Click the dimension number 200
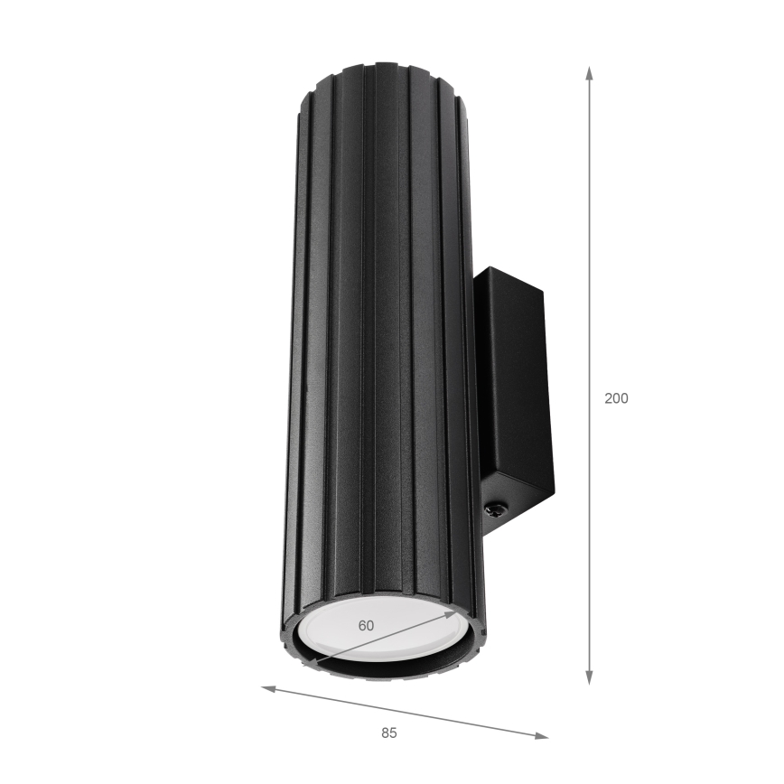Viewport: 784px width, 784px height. (x=616, y=398)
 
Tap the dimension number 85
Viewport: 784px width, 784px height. (x=388, y=733)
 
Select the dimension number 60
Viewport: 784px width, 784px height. (x=366, y=625)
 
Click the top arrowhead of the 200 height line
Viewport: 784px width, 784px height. (x=589, y=72)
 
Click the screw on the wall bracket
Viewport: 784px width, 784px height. (x=496, y=510)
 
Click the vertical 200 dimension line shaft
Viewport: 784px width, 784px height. (x=589, y=271)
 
